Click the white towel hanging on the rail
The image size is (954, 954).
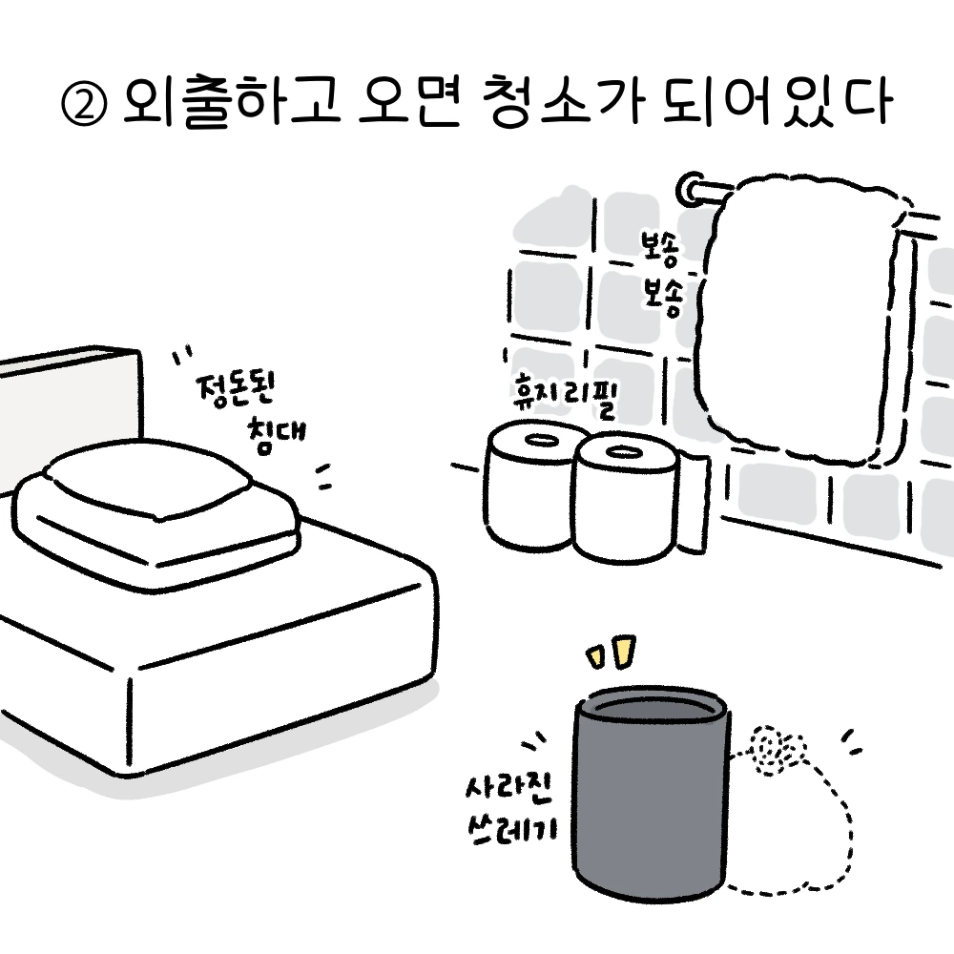pos(801,315)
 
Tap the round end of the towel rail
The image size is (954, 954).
pos(688,189)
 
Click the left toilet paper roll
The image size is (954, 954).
pos(528,487)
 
